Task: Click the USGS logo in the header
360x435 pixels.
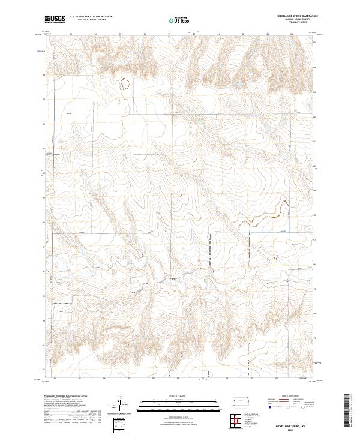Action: click(54, 20)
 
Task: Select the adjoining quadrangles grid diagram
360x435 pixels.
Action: click(238, 418)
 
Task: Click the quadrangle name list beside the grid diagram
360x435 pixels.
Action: click(255, 418)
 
